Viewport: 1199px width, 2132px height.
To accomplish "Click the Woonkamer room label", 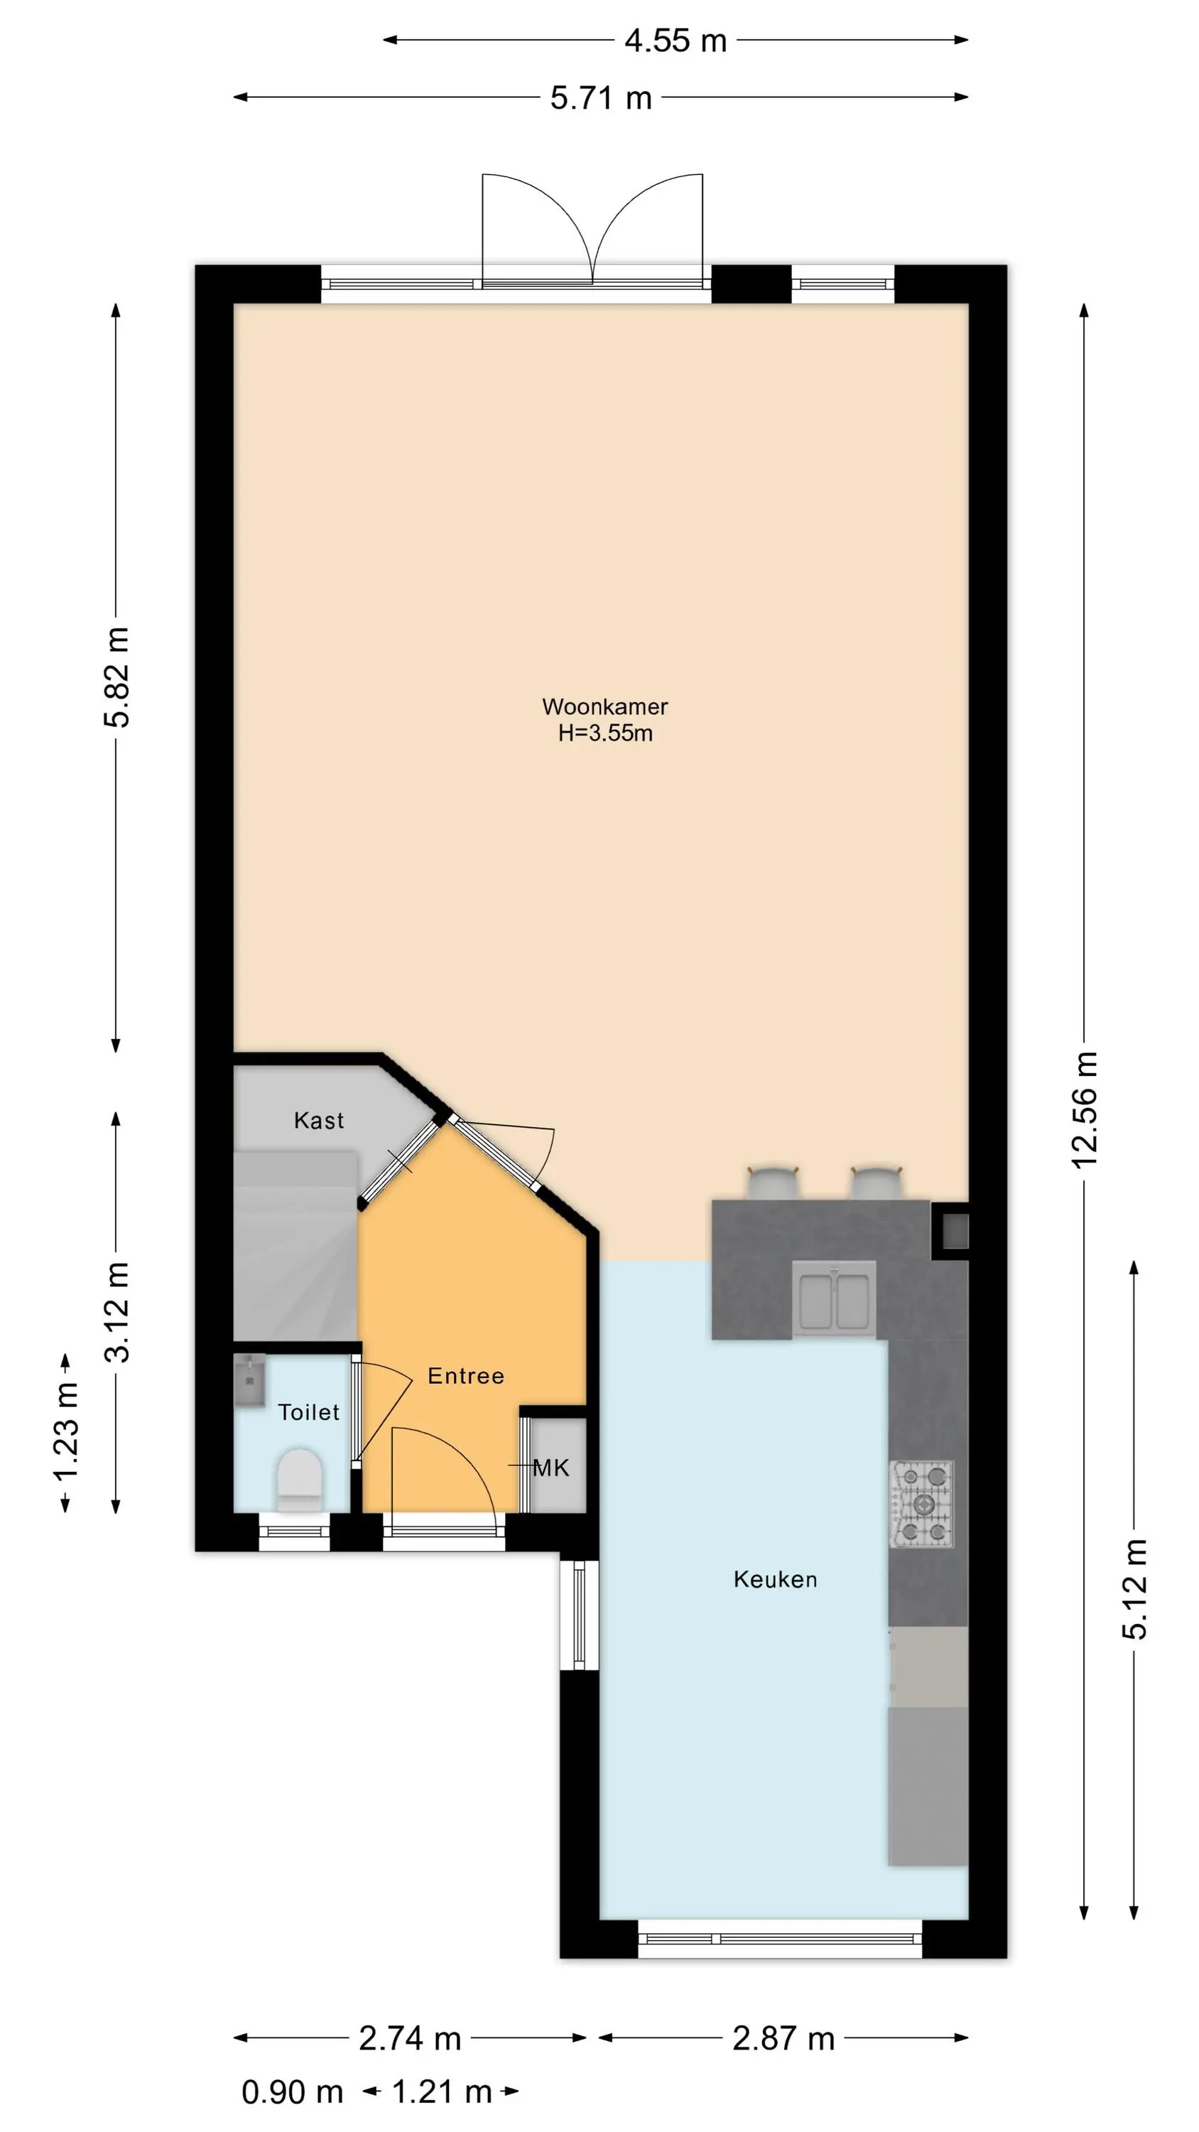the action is pyautogui.click(x=605, y=707).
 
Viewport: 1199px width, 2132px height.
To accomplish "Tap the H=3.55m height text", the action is pyautogui.click(x=605, y=733).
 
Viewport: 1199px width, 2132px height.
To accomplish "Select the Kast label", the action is pyautogui.click(x=319, y=1121).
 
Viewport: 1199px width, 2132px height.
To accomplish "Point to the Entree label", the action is pyautogui.click(x=466, y=1376).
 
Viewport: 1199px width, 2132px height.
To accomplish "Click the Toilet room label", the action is pyautogui.click(x=309, y=1412).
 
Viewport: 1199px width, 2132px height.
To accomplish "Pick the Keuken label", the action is pyautogui.click(x=776, y=1579).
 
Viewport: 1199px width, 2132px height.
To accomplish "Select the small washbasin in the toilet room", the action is pyautogui.click(x=249, y=1381).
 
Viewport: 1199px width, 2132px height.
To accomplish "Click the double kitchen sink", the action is pyautogui.click(x=834, y=1298).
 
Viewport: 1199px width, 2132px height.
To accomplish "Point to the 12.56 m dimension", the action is pyautogui.click(x=1085, y=1110).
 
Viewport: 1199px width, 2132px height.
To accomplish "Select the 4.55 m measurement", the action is pyautogui.click(x=676, y=40).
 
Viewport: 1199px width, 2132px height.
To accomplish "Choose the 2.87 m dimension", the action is pyautogui.click(x=783, y=2037).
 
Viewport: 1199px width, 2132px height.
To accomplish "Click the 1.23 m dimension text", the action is pyautogui.click(x=66, y=1429).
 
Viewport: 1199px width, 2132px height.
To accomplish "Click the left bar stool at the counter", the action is pyautogui.click(x=774, y=1182).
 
